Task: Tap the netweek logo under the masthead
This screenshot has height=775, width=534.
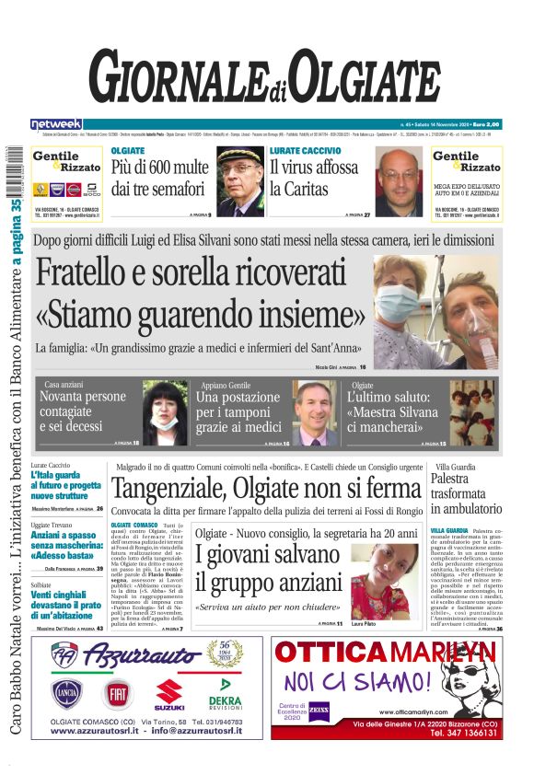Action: click(56, 123)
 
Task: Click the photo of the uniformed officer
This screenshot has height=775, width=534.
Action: click(238, 180)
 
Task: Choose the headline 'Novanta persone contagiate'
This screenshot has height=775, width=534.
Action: click(82, 411)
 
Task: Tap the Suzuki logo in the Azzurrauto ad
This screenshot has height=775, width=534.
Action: click(170, 693)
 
